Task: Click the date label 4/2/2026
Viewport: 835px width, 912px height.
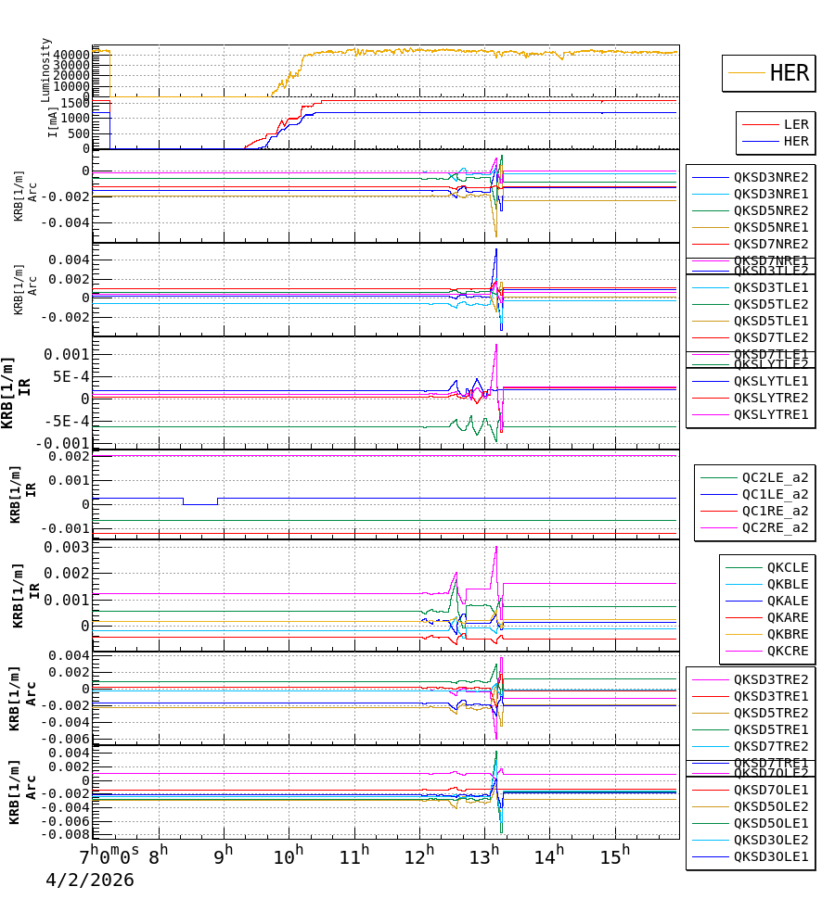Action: point(90,880)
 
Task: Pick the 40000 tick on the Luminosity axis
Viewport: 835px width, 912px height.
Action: point(71,55)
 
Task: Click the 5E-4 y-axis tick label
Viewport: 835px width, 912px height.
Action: point(72,376)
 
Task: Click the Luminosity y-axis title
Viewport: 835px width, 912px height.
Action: point(46,69)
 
